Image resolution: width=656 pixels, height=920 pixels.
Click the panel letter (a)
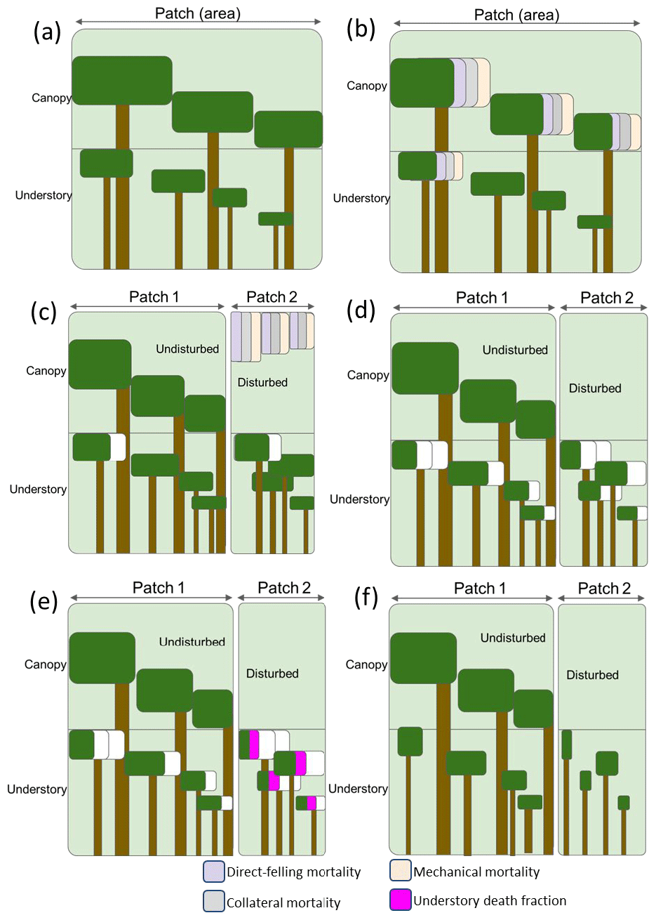pyautogui.click(x=48, y=32)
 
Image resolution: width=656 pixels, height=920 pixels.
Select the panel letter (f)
pyautogui.click(x=366, y=598)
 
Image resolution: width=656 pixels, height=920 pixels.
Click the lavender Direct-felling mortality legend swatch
pyautogui.click(x=213, y=872)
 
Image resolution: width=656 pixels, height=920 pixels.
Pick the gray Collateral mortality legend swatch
pyautogui.click(x=213, y=901)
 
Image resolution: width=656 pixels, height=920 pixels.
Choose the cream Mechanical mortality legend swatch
pyautogui.click(x=401, y=872)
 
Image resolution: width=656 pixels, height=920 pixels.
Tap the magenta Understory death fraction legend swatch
pyautogui.click(x=401, y=900)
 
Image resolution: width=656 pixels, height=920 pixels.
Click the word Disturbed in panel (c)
pyautogui.click(x=262, y=383)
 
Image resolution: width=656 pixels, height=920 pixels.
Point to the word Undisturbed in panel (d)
pyautogui.click(x=515, y=350)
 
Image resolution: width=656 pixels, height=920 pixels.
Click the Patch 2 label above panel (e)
pyautogui.click(x=283, y=588)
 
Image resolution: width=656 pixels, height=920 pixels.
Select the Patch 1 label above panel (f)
pyautogui.click(x=480, y=589)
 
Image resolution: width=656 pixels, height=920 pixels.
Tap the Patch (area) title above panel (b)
pyautogui.click(x=516, y=15)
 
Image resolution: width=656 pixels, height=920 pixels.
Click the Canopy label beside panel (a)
pyautogui.click(x=51, y=98)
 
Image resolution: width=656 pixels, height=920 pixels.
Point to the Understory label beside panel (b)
pyautogui.click(x=361, y=198)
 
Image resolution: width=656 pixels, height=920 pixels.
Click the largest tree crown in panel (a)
pyautogui.click(x=122, y=80)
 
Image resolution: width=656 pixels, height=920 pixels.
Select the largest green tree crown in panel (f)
pyautogui.click(x=423, y=658)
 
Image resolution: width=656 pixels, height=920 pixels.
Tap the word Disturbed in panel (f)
pyautogui.click(x=592, y=675)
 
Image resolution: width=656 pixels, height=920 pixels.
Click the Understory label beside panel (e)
pyautogui.click(x=36, y=789)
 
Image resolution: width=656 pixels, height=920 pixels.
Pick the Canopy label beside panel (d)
pyautogui.click(x=368, y=375)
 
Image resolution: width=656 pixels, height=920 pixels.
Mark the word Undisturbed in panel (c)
pyautogui.click(x=187, y=349)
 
